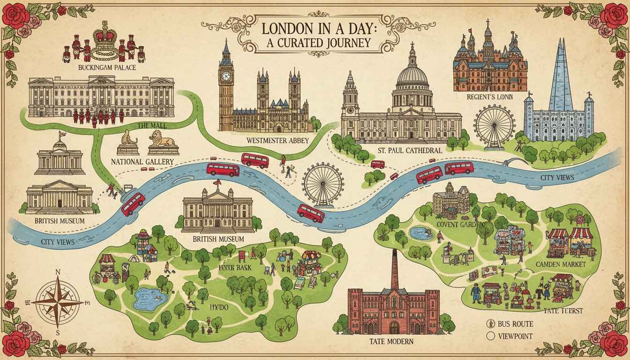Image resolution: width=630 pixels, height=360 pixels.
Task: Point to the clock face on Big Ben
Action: point(226,76)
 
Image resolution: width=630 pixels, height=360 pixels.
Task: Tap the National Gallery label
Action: point(140,161)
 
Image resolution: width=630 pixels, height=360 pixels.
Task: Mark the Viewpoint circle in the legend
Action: point(491,336)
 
